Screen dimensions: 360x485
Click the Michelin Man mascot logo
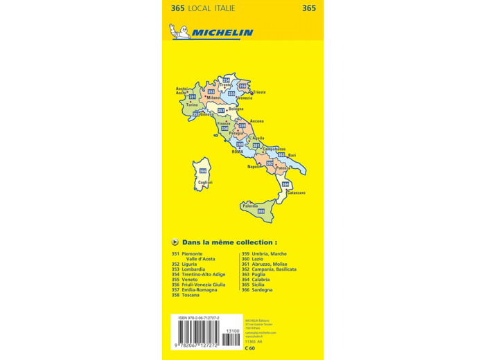click(177, 31)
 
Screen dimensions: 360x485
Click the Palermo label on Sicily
click(250, 206)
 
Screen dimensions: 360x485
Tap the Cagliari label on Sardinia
click(204, 182)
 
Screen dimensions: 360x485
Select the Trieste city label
click(258, 92)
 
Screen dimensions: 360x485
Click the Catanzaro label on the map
click(295, 192)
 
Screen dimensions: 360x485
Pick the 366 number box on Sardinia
click(203, 171)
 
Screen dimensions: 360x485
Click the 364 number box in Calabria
click(285, 184)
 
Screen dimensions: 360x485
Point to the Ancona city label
click(256, 121)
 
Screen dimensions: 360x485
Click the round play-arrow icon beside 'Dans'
click(175, 242)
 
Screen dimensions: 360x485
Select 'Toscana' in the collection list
click(190, 295)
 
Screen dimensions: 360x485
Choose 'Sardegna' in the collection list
click(262, 289)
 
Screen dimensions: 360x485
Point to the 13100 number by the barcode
click(233, 332)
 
